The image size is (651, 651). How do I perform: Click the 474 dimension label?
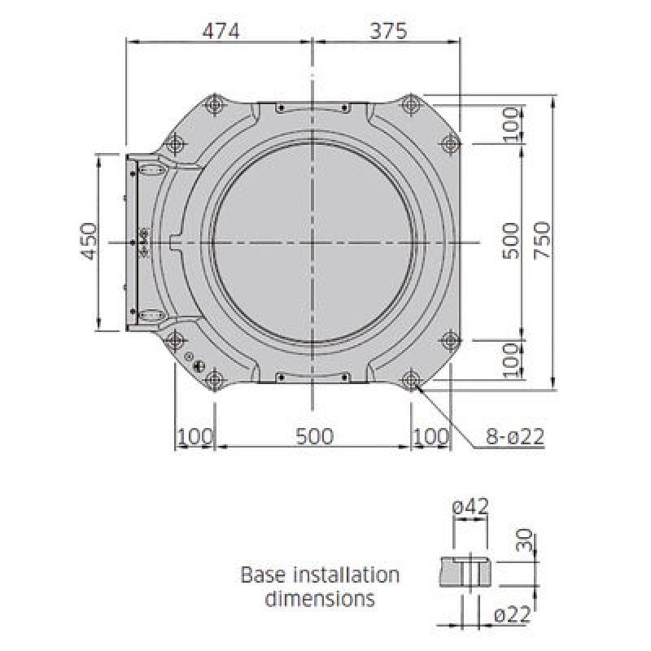click(221, 31)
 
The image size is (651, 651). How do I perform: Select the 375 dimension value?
click(389, 31)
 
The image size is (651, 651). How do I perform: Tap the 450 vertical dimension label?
click(90, 242)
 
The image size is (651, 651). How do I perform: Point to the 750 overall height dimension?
click(542, 241)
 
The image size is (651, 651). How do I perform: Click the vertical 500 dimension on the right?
click(511, 241)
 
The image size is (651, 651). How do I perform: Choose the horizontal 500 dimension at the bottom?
click(315, 436)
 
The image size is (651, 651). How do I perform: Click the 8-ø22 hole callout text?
click(515, 436)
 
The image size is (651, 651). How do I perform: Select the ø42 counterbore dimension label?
click(470, 507)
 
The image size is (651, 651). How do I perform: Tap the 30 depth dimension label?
click(524, 540)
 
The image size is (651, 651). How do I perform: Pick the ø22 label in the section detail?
click(513, 615)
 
